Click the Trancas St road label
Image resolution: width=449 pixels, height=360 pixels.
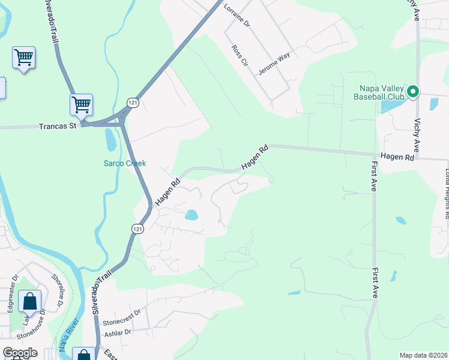click(x=58, y=126)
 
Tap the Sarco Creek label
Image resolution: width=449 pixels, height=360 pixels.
click(x=125, y=163)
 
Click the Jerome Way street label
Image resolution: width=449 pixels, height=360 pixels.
click(x=274, y=63)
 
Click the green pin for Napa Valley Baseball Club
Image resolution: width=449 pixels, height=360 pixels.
click(x=412, y=92)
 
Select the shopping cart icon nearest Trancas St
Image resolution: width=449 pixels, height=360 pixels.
click(x=81, y=104)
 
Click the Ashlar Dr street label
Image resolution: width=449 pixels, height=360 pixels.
click(x=118, y=332)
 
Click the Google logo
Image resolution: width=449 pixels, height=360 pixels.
click(x=20, y=353)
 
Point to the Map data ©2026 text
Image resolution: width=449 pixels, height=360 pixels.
click(x=423, y=355)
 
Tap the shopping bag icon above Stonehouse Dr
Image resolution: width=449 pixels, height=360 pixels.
click(x=29, y=301)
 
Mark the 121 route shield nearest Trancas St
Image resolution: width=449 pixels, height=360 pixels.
click(x=133, y=103)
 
